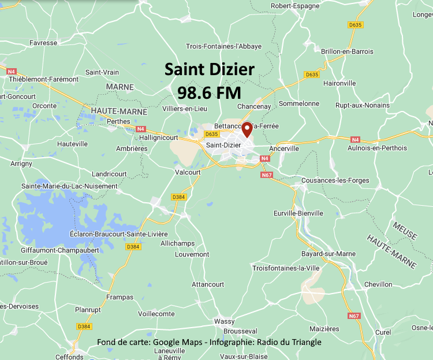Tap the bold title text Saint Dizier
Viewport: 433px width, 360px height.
209,70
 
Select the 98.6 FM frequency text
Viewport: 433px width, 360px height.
209,92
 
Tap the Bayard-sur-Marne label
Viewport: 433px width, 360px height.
328,254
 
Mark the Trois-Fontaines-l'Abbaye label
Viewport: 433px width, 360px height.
223,46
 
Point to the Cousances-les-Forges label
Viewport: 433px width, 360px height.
335,180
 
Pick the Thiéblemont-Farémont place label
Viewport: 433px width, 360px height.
43,79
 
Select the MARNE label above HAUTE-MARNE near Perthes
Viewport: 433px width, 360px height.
120,87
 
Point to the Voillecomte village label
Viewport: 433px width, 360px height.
156,314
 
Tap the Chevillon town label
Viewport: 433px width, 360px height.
378,284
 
